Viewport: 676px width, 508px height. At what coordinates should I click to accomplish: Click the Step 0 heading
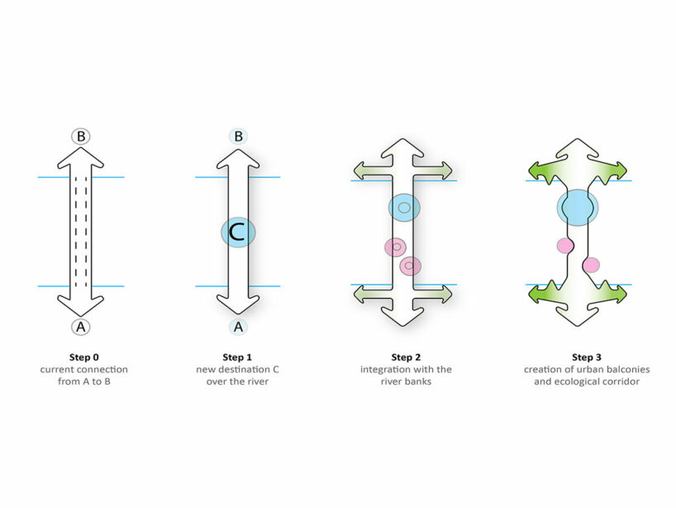coord(81,357)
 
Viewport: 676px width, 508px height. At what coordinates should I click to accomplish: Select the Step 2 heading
coord(402,357)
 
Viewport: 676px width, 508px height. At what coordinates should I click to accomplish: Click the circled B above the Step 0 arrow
coord(80,137)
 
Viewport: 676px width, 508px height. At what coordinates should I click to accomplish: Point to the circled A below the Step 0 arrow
coord(80,327)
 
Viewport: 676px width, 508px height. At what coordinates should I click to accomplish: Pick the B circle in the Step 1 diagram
coord(238,137)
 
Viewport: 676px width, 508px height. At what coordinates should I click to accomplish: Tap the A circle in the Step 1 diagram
coord(238,327)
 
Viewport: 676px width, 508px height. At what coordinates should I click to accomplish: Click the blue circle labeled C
coord(238,232)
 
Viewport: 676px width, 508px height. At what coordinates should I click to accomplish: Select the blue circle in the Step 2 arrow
coord(404,207)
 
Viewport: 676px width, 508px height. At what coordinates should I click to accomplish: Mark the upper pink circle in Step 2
coord(396,247)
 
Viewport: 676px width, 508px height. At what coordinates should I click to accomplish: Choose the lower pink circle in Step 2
coord(410,266)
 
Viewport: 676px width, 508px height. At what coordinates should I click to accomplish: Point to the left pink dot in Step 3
coord(565,246)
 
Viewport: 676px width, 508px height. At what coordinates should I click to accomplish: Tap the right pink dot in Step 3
coord(591,266)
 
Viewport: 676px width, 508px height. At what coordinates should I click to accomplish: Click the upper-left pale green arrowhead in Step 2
coord(361,170)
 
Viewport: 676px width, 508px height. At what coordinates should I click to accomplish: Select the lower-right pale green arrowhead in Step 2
coord(444,294)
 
